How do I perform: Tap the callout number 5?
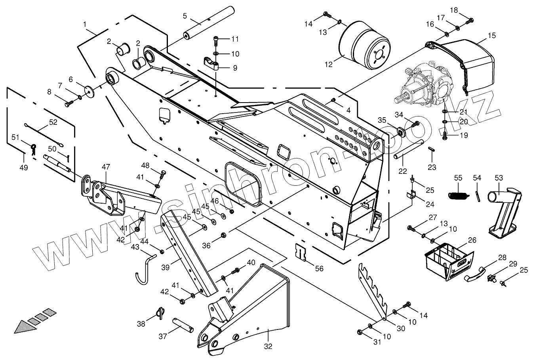pyautogui.click(x=185, y=16)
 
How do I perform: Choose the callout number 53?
pyautogui.click(x=498, y=178)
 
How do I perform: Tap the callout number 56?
pyautogui.click(x=319, y=269)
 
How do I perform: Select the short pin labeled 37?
pyautogui.click(x=183, y=325)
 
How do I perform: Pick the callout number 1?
pyautogui.click(x=85, y=25)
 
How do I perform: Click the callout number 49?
pyautogui.click(x=24, y=168)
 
